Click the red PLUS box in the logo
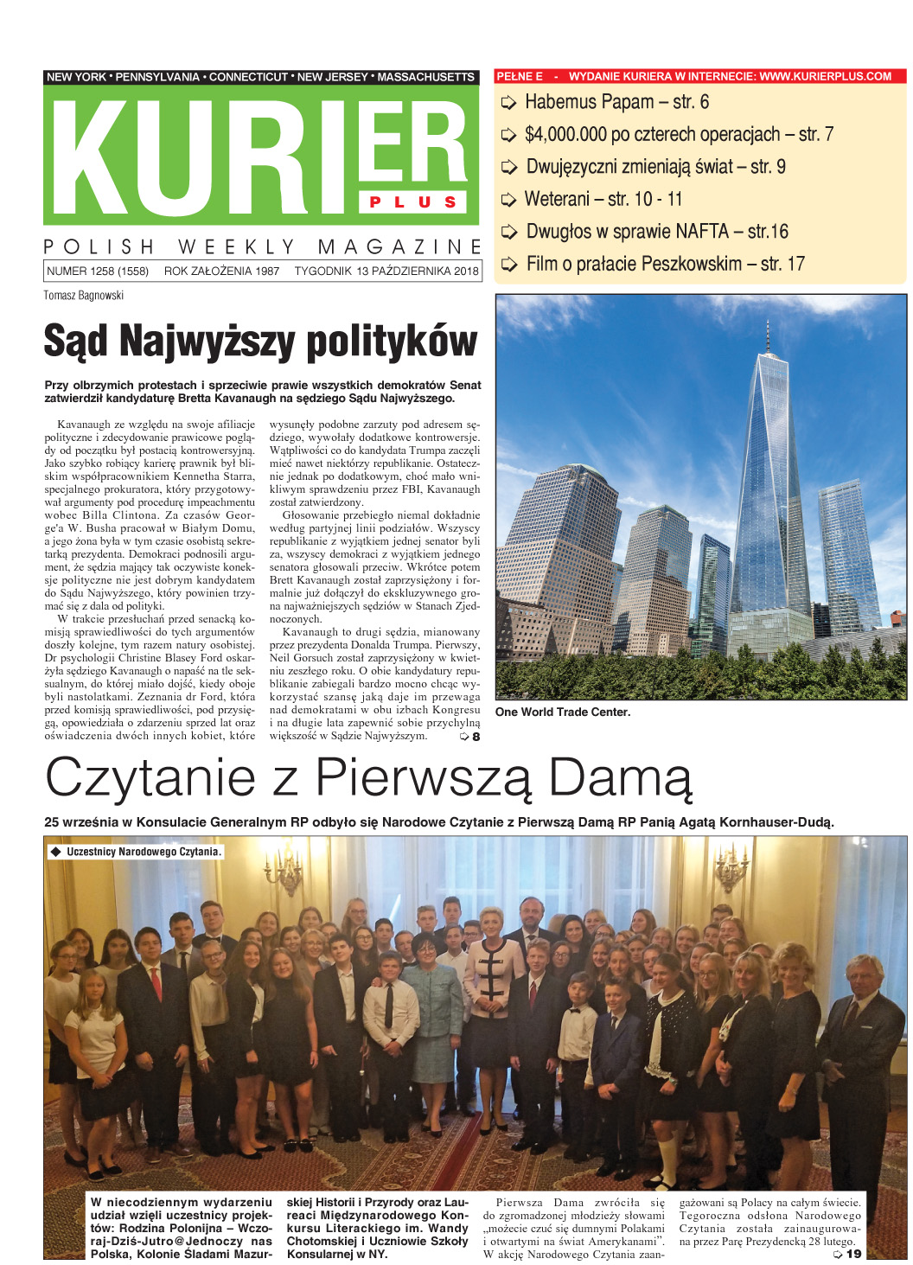tap(413, 201)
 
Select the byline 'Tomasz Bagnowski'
tap(84, 296)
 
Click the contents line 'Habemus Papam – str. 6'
tap(616, 102)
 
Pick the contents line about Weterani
tap(603, 200)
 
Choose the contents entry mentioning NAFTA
tap(656, 232)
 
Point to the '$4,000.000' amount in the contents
tap(565, 135)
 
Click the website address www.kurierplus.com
tap(825, 76)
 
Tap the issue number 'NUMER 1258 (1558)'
tap(98, 271)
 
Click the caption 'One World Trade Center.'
tap(562, 712)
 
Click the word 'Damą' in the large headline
tap(621, 778)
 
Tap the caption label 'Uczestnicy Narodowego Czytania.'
tap(143, 852)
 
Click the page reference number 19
tap(853, 1254)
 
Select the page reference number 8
tap(476, 737)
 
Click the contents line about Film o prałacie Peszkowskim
tap(665, 265)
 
